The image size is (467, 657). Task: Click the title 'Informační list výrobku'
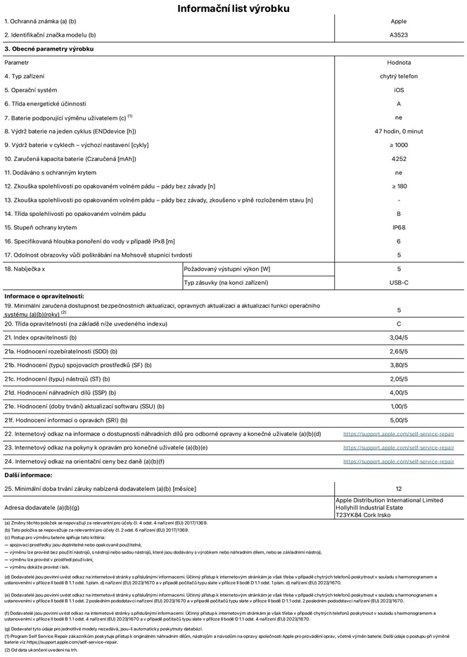(x=233, y=8)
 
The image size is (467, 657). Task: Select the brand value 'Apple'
(x=399, y=22)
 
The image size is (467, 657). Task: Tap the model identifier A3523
(x=399, y=34)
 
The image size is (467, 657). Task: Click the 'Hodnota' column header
(x=399, y=63)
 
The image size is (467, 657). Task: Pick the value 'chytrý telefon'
(x=399, y=76)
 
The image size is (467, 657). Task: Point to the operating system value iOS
(x=399, y=90)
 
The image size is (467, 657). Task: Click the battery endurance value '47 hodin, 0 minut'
(x=399, y=132)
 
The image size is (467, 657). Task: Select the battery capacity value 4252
(x=399, y=159)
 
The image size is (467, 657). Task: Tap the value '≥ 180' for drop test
(x=399, y=186)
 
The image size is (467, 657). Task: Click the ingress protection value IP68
(x=399, y=228)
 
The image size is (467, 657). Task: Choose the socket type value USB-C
(x=399, y=283)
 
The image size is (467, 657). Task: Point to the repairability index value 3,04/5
(x=399, y=338)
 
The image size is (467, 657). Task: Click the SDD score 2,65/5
(x=399, y=351)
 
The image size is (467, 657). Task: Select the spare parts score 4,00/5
(x=399, y=393)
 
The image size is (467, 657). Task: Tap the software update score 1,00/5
(x=399, y=406)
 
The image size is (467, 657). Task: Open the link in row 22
(x=399, y=434)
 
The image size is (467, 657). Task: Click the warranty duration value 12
(x=399, y=488)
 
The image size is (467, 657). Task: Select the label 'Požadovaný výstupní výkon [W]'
(x=226, y=269)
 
